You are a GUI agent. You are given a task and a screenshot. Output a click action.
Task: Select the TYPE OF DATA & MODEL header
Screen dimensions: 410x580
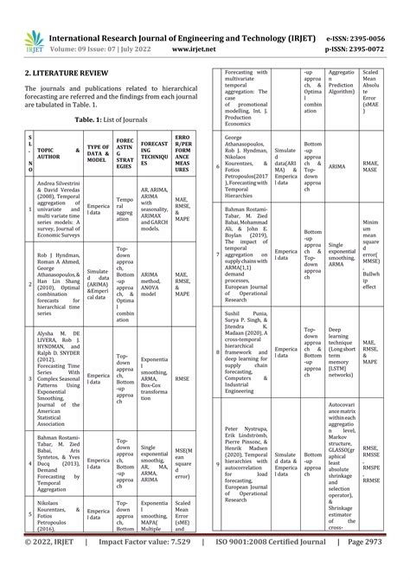[99, 153]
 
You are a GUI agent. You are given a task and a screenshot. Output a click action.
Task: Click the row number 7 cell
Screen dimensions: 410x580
[218, 254]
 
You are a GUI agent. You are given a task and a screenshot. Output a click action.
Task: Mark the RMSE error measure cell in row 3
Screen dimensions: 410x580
[183, 377]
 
